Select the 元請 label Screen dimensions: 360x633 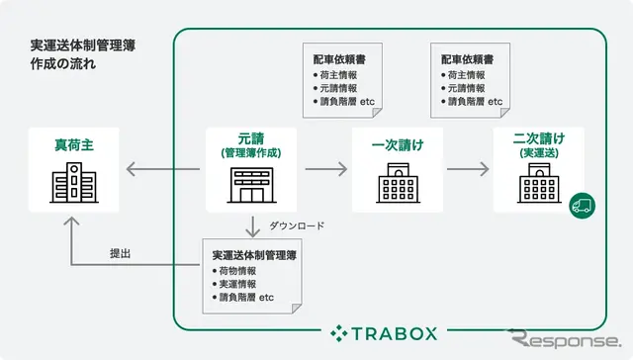251,139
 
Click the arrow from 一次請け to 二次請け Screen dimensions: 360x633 468,169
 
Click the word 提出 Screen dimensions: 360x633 122,253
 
